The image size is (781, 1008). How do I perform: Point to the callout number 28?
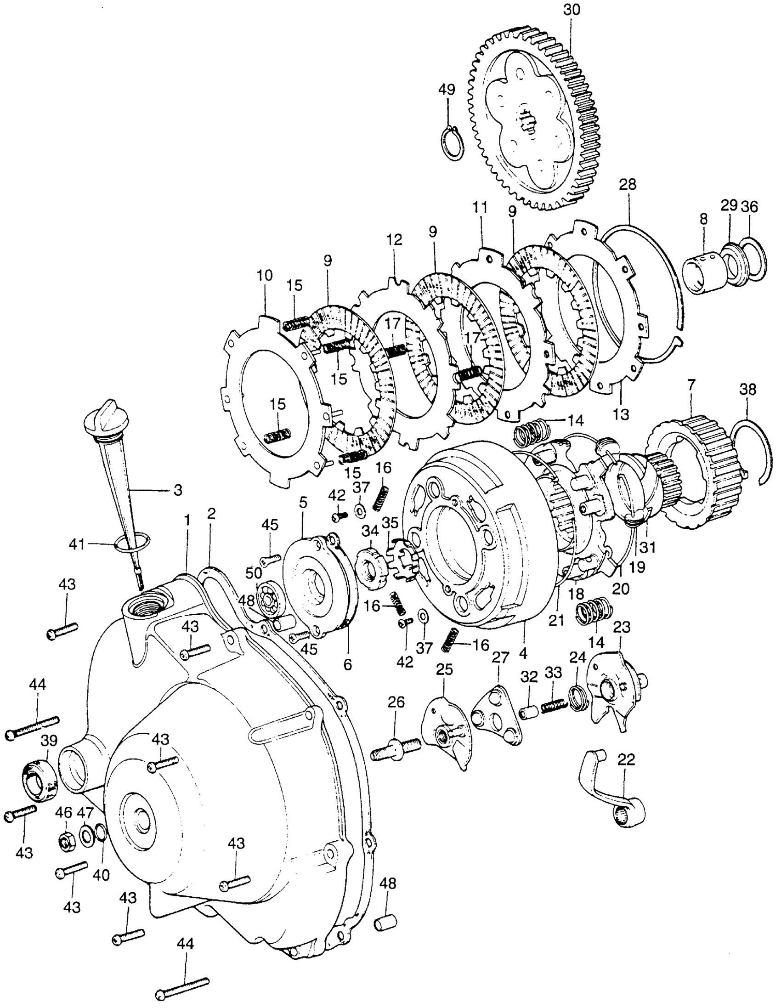(628, 185)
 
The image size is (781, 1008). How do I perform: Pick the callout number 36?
(750, 207)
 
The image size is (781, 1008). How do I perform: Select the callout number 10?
(265, 276)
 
